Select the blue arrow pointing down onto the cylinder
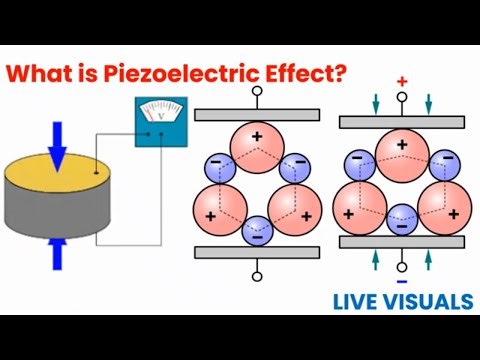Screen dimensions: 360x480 point(58,142)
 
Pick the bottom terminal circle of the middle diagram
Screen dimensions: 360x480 point(256,276)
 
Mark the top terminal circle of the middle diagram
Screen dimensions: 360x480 point(256,91)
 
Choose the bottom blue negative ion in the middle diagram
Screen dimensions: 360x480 point(256,230)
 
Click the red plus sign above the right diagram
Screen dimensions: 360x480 point(402,80)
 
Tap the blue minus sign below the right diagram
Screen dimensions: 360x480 point(402,268)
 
